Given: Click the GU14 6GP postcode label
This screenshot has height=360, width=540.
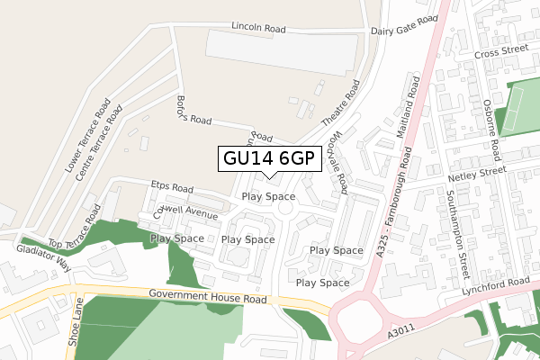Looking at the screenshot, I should pos(268,158).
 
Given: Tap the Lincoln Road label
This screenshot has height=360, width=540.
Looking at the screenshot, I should pos(257,29).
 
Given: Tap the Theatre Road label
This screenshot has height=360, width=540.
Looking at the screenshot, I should pos(341,103).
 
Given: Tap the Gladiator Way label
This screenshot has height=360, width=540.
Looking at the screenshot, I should pos(46,262).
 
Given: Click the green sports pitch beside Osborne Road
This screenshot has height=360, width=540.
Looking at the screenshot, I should pos(518,106).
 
